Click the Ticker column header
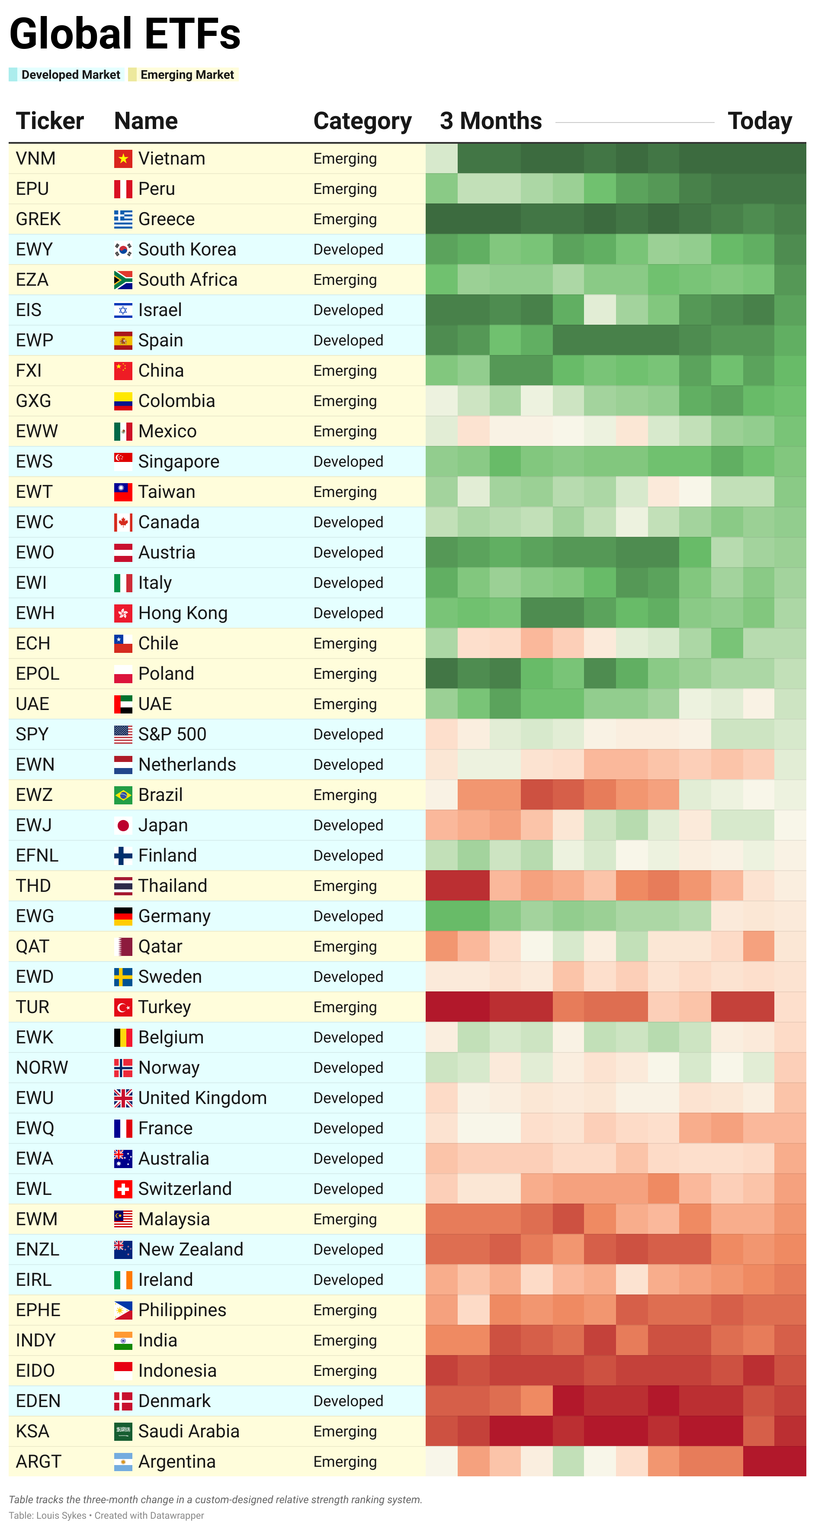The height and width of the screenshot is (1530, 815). (x=50, y=121)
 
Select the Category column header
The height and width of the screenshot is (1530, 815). (x=362, y=121)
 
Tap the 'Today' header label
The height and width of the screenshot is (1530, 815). (x=759, y=121)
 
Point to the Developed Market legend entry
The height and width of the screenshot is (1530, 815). (x=70, y=75)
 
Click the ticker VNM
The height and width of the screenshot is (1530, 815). (x=35, y=158)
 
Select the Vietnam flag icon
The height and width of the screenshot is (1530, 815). (x=123, y=158)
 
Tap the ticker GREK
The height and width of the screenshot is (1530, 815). (x=38, y=219)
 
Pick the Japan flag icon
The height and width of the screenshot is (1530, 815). (x=123, y=826)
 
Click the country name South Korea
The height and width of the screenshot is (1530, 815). (x=187, y=249)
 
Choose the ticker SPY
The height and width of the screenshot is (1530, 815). (x=32, y=735)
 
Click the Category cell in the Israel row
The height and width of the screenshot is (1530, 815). (x=348, y=310)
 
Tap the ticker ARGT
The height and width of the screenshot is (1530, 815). (x=39, y=1462)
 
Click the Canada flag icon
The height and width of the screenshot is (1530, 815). (x=123, y=523)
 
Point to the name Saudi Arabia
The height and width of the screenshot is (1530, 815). (x=189, y=1431)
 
